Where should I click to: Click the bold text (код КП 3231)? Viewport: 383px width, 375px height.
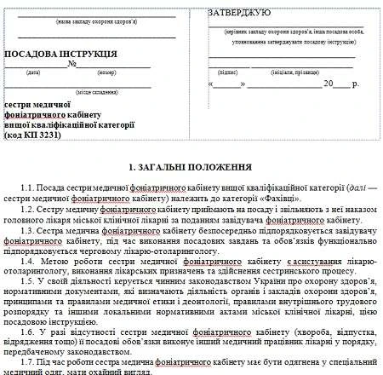41,135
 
